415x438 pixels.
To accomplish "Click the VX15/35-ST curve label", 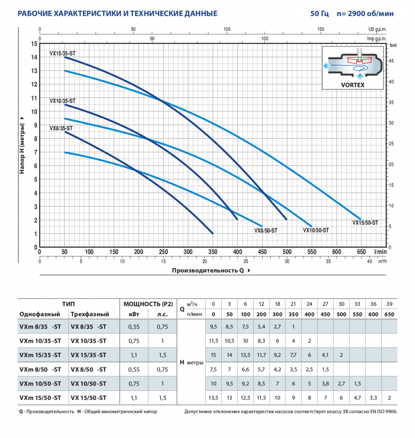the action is (x=62, y=54).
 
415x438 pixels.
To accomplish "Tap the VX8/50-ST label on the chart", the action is (x=266, y=230).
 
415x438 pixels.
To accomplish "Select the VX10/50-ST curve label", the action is (x=316, y=230).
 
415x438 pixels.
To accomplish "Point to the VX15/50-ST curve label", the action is (x=365, y=223).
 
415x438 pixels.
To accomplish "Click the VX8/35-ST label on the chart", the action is (x=61, y=128).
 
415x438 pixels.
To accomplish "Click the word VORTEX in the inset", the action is (x=353, y=85).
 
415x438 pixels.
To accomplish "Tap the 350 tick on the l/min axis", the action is (x=213, y=252).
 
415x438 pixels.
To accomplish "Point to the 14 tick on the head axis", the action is (x=34, y=57).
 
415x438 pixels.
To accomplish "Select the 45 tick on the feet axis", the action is (x=391, y=61).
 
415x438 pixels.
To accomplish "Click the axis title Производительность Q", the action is (x=208, y=271).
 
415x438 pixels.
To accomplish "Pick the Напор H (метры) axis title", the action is (x=22, y=148).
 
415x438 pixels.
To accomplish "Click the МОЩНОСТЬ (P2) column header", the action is (x=148, y=304).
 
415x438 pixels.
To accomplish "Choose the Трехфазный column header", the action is (x=90, y=314).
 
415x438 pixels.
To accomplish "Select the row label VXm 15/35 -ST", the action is (x=40, y=355).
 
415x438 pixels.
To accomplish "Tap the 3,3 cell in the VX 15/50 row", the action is (x=373, y=398).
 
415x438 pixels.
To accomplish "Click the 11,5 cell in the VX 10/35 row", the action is (x=214, y=341).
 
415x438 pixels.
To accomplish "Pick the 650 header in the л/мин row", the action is (x=389, y=314).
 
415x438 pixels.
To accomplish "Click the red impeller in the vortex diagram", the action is (x=359, y=60).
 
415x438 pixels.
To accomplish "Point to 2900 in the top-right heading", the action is (x=356, y=13).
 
